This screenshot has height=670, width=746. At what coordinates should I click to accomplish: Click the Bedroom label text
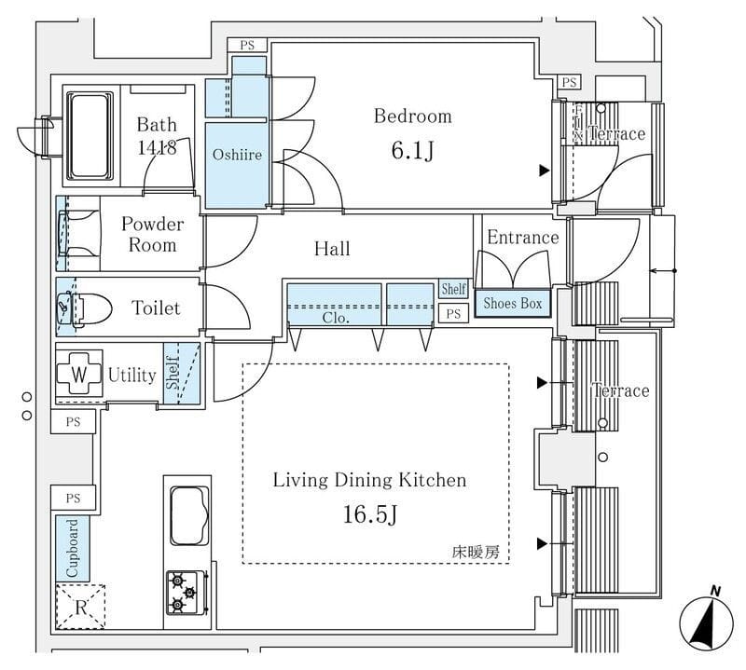coord(412,116)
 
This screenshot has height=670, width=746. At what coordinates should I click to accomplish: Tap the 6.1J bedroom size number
coord(412,151)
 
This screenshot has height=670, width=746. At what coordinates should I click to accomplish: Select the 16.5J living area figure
coord(369,515)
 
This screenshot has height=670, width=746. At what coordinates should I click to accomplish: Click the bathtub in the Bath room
coord(90,136)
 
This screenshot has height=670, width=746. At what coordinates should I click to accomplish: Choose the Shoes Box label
coord(512,304)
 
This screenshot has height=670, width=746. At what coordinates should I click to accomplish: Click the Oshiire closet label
coord(237,154)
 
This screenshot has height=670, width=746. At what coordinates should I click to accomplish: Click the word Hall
coord(332,249)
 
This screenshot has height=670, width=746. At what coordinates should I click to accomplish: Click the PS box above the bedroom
coord(247,45)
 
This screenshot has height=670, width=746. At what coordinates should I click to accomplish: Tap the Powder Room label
coord(153,235)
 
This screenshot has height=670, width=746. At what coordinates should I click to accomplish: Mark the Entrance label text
coord(522,238)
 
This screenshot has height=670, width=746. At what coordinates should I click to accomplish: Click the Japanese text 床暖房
coord(476,552)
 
